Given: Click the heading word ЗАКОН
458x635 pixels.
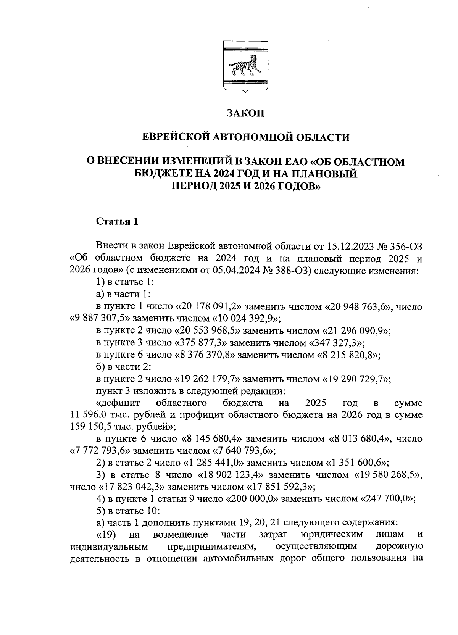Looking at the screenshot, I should [245, 113].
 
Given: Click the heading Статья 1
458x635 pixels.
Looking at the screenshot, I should [116, 222].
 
